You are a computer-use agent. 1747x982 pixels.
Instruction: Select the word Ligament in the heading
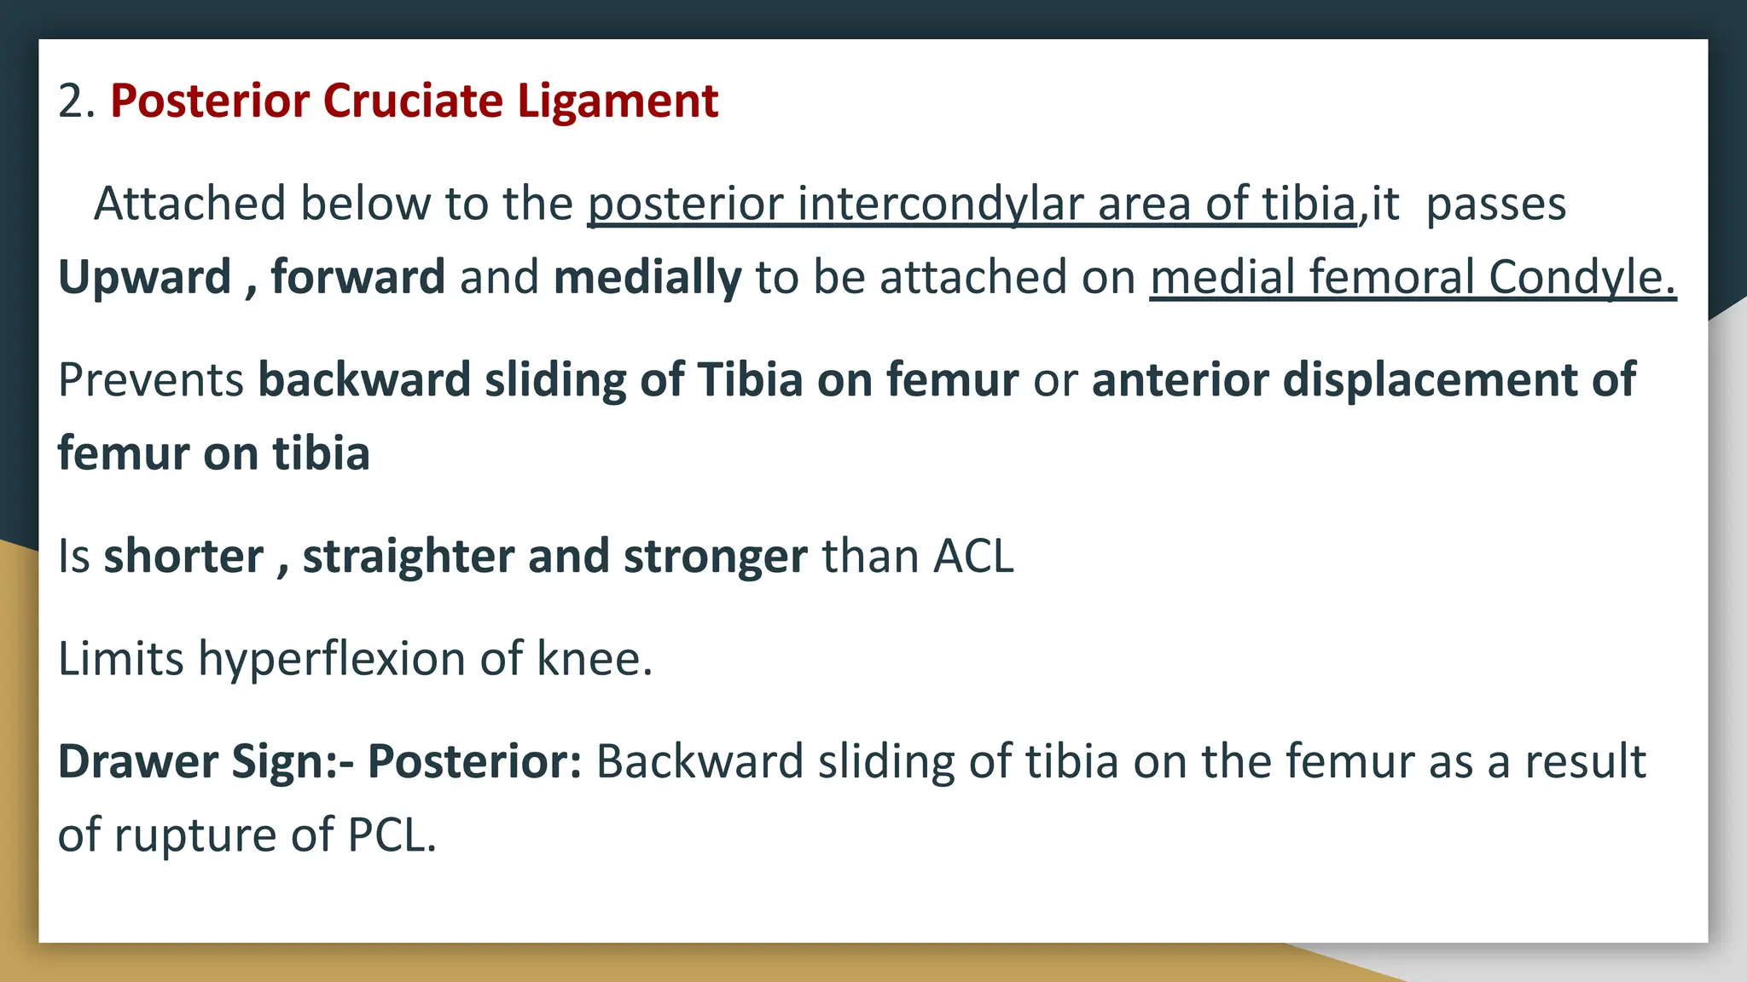click(x=618, y=102)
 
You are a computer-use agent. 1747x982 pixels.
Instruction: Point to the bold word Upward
click(x=144, y=278)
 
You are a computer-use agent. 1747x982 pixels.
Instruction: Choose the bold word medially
click(x=647, y=278)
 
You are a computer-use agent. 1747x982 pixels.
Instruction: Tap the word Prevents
click(x=151, y=380)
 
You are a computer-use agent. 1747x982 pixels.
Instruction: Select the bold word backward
click(x=364, y=380)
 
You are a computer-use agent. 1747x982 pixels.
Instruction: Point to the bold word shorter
click(x=183, y=557)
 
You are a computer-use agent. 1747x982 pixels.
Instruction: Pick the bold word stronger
click(x=715, y=557)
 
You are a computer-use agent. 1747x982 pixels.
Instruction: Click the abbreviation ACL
click(x=973, y=557)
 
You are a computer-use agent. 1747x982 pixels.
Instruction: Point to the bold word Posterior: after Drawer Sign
click(x=474, y=761)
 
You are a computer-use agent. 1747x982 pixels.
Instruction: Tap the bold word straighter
click(x=408, y=557)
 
